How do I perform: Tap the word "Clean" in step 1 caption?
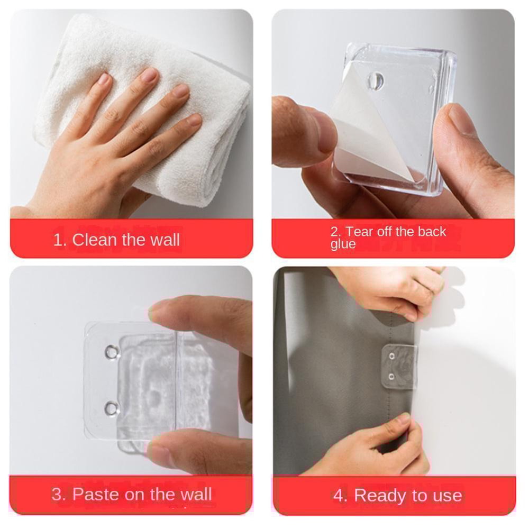pyautogui.click(x=95, y=240)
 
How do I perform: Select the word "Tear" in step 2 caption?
pyautogui.click(x=359, y=232)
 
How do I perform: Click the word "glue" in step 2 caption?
pyautogui.click(x=343, y=244)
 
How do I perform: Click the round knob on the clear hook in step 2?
pyautogui.click(x=376, y=80)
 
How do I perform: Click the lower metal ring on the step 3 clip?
pyautogui.click(x=112, y=407)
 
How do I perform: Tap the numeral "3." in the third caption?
pyautogui.click(x=59, y=495)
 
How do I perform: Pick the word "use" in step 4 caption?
pyautogui.click(x=447, y=496)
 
